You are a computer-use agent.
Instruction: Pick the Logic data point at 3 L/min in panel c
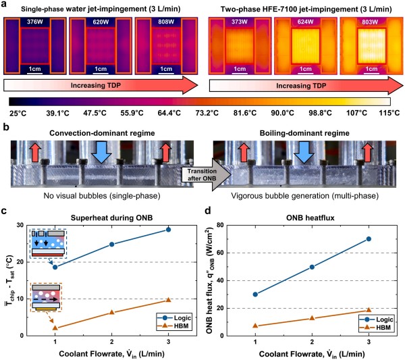pos(168,230)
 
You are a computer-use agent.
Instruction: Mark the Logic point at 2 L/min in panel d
pos(312,267)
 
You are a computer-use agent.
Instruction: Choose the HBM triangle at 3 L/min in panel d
pos(369,310)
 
